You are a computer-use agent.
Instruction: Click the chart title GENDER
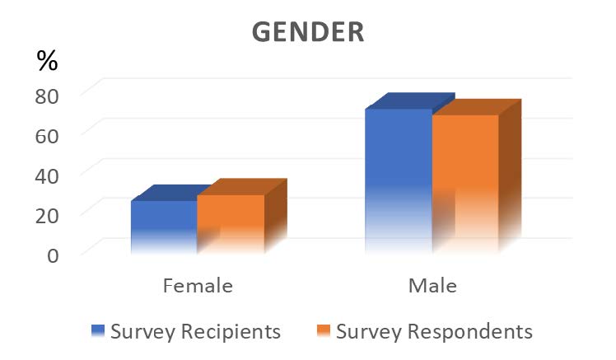(308, 30)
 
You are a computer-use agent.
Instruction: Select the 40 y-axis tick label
(48, 174)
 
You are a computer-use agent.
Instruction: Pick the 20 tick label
(48, 213)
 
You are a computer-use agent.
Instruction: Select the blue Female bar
(164, 227)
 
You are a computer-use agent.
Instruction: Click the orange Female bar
(231, 223)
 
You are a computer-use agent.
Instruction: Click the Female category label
(198, 287)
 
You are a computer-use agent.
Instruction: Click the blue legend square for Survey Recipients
(98, 332)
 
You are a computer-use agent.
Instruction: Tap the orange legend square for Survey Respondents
(322, 332)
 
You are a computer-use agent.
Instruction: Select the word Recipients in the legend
(231, 332)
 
